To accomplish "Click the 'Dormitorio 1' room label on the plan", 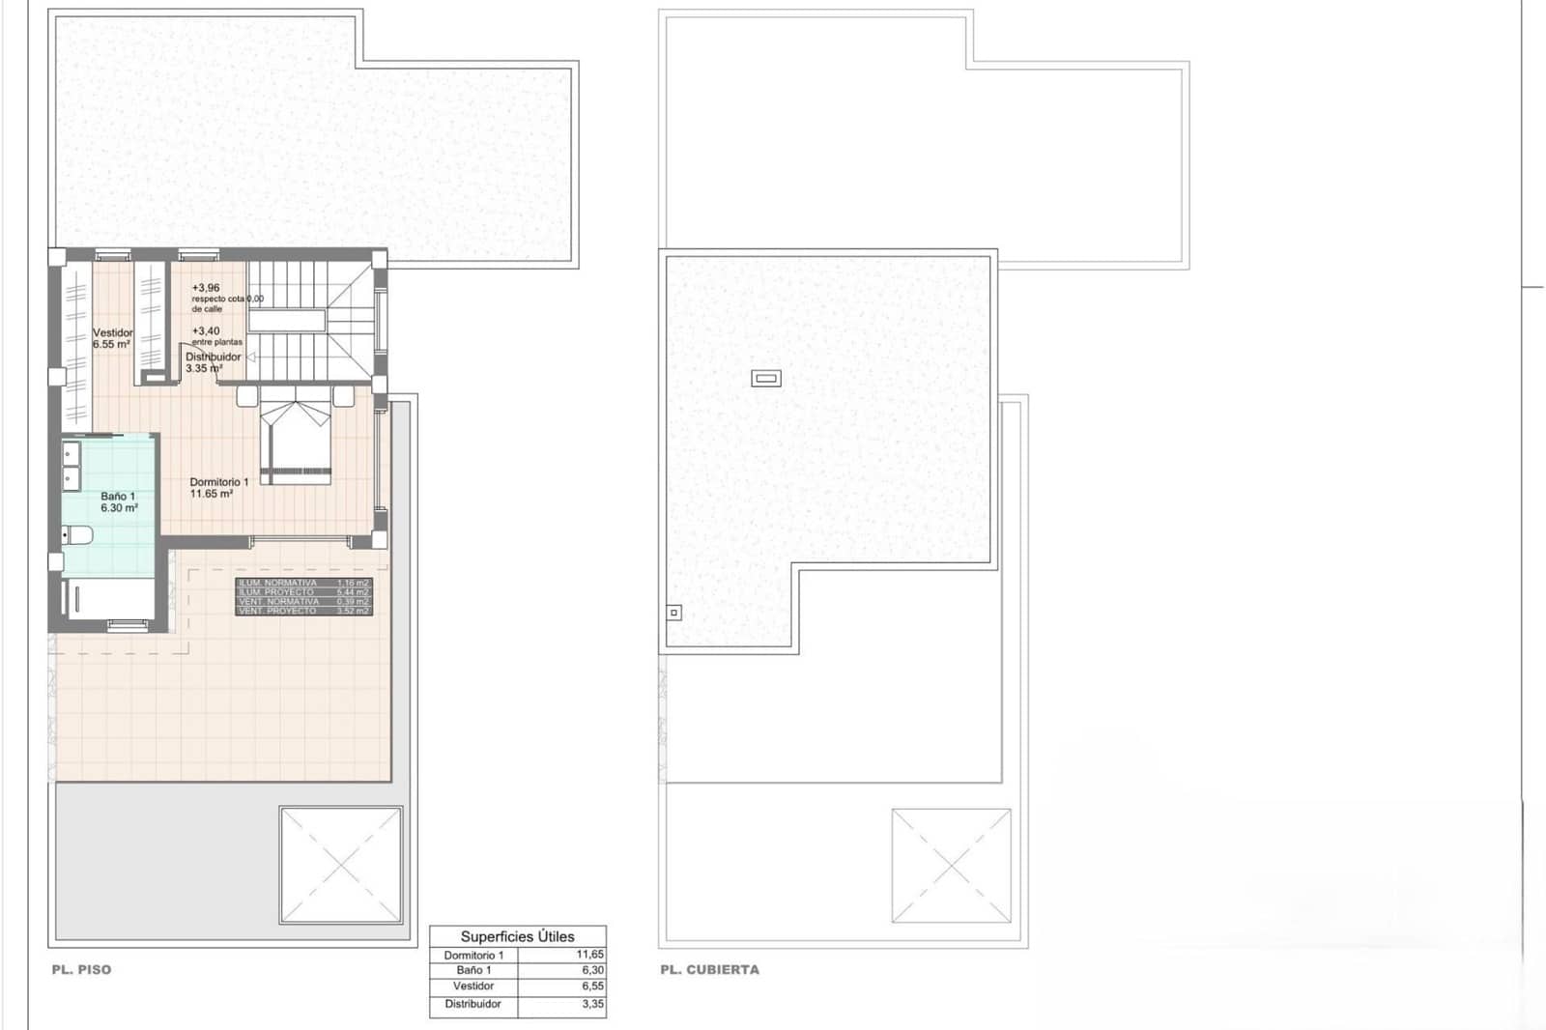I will coord(218,482).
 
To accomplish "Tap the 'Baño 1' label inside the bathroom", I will coord(118,497).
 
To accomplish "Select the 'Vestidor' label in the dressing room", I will coord(112,332).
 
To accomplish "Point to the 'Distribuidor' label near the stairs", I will coord(213,357).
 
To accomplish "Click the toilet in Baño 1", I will coord(76,534).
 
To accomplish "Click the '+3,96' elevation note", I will coord(206,288).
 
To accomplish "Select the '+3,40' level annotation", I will coord(206,330).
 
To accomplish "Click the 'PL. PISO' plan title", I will coord(81,969).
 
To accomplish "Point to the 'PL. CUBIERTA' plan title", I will coord(709,969).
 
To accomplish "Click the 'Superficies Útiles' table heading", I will coord(517,936).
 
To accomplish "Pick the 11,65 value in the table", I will coord(589,955).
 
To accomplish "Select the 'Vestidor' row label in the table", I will coord(473,987).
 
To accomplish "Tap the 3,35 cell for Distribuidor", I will coord(592,1004).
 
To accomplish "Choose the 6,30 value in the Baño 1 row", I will coord(592,970).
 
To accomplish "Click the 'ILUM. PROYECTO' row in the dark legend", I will coord(276,592).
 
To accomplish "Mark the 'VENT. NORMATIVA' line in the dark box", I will coord(278,601).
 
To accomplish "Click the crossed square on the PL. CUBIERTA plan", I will coord(951,866).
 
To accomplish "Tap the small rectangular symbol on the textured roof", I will coord(765,379).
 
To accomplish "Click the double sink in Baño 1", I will coord(71,465).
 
